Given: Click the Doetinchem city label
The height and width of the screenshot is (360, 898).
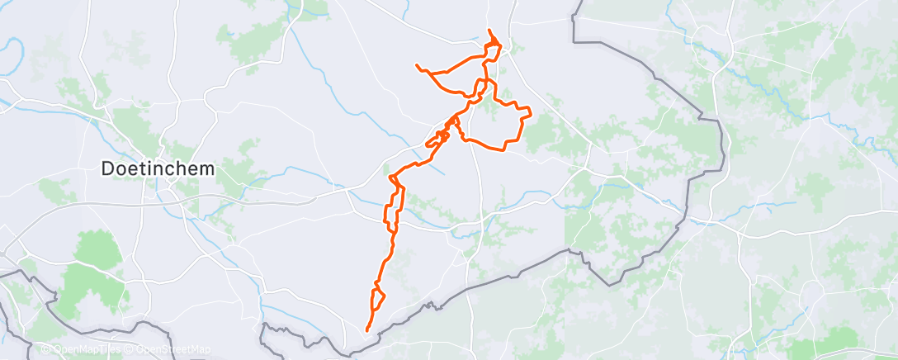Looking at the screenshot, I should point(158,168).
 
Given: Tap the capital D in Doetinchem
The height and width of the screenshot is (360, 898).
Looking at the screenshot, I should point(107,168).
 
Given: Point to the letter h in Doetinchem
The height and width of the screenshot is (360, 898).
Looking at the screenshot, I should point(181,168).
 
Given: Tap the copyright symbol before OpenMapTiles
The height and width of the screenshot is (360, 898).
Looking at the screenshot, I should point(45,349).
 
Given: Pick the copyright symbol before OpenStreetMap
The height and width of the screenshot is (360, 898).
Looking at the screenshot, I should point(129,349).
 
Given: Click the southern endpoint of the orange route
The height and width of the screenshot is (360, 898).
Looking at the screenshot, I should point(367,331).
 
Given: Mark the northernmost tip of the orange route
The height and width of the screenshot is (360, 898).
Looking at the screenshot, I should point(489,31).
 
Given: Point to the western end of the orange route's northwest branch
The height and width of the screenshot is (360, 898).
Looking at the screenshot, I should point(417,64).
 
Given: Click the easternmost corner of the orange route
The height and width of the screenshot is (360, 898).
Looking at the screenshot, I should point(530,114).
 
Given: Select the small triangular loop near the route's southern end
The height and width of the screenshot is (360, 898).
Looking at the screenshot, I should point(378,297).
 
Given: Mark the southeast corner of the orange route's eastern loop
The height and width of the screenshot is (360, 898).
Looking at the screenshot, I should point(505,149).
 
